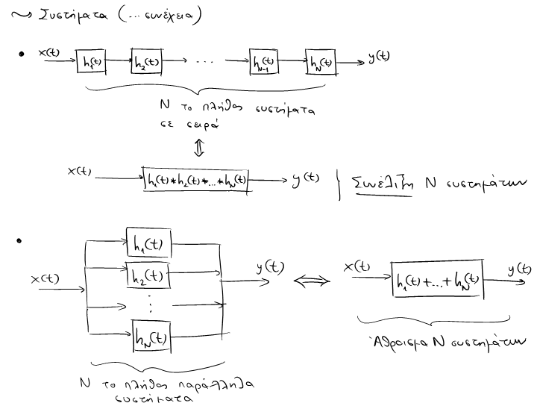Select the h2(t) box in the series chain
tap(145, 62)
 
